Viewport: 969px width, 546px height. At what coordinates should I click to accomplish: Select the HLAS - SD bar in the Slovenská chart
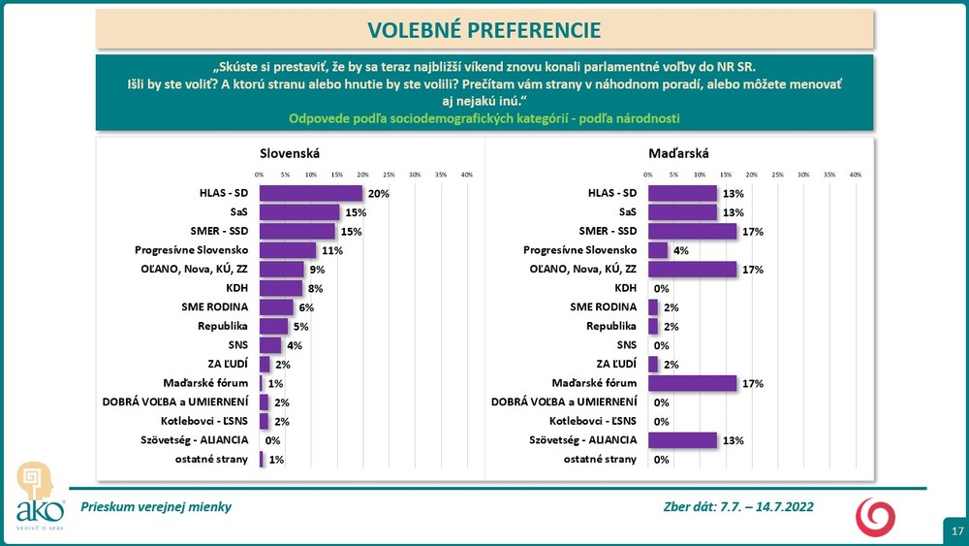[310, 193]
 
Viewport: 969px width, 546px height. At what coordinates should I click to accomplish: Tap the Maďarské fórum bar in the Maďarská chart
[692, 383]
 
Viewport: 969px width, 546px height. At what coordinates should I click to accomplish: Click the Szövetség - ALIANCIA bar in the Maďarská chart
[681, 440]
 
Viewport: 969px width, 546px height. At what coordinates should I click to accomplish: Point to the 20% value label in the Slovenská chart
[378, 194]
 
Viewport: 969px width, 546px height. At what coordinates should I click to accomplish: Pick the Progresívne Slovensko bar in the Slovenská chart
[287, 250]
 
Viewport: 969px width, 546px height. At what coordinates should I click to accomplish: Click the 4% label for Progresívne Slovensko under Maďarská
[682, 250]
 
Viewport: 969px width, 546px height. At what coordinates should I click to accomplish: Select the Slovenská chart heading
[290, 153]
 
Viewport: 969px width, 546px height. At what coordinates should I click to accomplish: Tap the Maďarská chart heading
[678, 153]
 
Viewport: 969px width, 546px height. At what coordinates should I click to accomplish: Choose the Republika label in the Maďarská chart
[612, 326]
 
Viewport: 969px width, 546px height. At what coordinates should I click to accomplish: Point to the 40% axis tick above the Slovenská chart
[466, 175]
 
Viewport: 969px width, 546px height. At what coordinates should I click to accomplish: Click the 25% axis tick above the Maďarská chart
[777, 175]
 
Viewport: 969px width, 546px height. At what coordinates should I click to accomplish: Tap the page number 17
[956, 531]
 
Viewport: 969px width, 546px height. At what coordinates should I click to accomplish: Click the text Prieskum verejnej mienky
[156, 507]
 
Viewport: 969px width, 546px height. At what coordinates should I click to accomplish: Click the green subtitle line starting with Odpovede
[484, 118]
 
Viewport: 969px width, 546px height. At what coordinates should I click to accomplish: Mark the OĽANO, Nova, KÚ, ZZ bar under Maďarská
[692, 269]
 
